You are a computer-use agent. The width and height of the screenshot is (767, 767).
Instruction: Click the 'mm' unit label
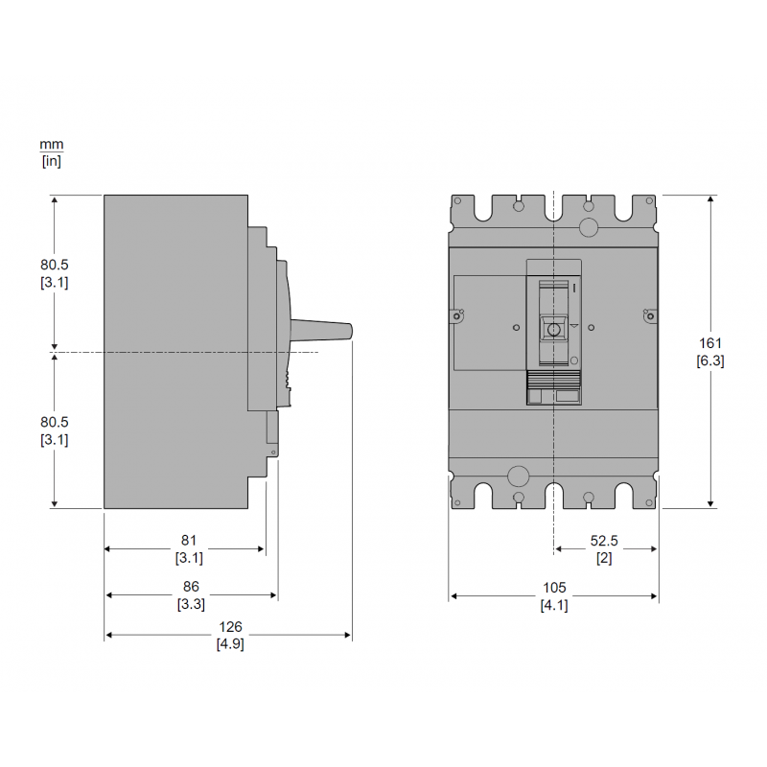point(51,144)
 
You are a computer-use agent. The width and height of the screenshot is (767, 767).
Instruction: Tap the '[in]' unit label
point(51,161)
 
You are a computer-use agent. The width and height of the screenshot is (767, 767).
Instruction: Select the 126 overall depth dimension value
point(230,627)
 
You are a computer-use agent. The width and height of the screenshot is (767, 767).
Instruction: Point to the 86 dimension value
point(191,587)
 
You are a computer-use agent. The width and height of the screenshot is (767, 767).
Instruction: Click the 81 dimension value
point(189,540)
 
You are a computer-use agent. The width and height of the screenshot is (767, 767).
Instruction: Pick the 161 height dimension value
point(710,343)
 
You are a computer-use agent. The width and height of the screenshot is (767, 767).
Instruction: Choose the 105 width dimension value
point(554,587)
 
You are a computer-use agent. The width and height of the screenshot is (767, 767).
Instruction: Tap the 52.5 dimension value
point(605,540)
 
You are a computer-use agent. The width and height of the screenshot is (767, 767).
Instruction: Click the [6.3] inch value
point(710,360)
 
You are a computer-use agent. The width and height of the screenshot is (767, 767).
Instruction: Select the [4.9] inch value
point(230,644)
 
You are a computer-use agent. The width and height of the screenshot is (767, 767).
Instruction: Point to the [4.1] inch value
point(554,605)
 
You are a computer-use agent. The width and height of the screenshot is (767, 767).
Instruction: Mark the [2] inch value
point(605,557)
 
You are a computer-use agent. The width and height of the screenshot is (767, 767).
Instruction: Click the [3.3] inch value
point(191,604)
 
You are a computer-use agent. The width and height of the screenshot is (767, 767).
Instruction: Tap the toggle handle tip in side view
point(351,331)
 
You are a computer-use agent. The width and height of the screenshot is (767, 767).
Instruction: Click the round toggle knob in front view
point(553,329)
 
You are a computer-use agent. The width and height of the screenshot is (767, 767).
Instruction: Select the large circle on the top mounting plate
point(589,226)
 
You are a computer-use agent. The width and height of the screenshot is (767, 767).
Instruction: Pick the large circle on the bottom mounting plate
point(518,476)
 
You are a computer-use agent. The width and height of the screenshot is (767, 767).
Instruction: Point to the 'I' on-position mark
point(573,288)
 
